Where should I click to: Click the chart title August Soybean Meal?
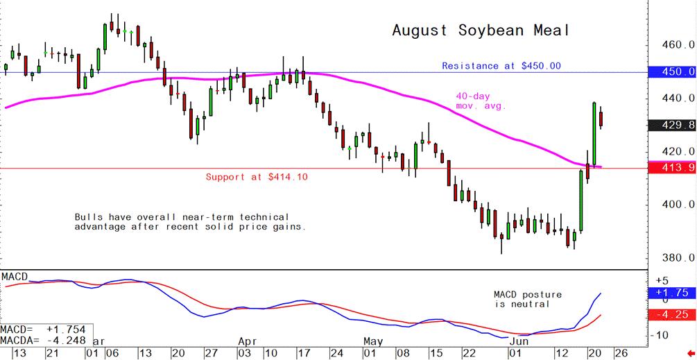(481, 31)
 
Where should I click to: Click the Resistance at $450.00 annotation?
(501, 66)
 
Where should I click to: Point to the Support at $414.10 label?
(257, 177)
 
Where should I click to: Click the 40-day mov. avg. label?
(481, 101)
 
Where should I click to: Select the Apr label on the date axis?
(248, 342)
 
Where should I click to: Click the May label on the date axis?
(373, 342)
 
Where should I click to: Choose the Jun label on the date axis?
(518, 342)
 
